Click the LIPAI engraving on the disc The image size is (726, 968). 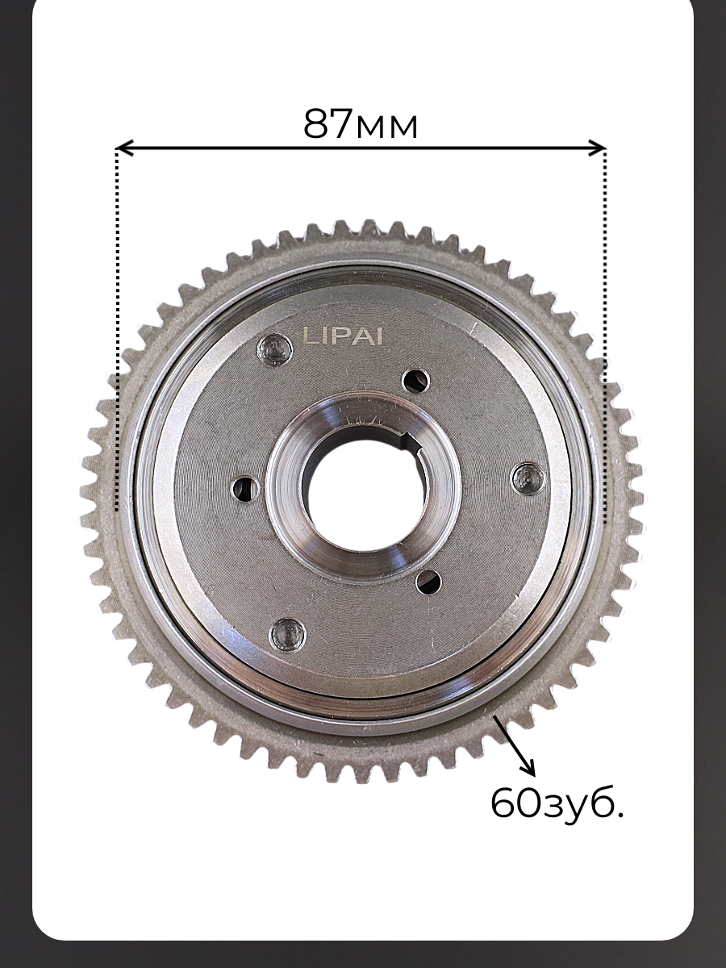pos(343,337)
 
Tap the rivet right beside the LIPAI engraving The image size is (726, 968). pos(274,351)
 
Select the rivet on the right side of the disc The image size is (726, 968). pos(528,478)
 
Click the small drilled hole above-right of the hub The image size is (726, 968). pos(416,380)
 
